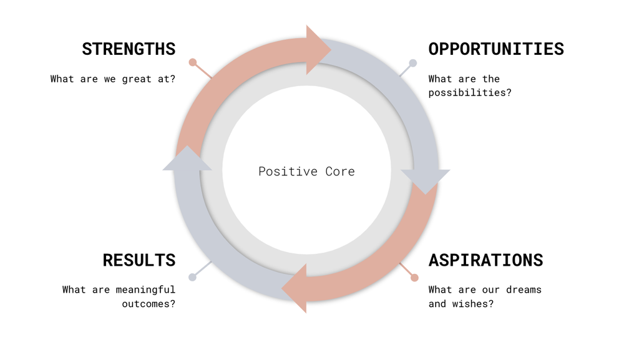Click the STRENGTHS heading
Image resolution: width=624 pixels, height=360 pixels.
click(x=129, y=49)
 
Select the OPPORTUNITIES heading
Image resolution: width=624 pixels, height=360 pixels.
click(x=496, y=49)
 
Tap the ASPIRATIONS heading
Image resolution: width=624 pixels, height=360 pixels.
click(x=485, y=260)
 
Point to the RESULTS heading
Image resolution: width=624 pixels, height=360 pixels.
click(x=139, y=260)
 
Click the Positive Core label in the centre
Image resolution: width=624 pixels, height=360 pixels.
click(x=306, y=172)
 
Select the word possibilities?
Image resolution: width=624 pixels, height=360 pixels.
click(x=470, y=93)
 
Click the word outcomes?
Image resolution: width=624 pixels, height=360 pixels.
click(x=149, y=304)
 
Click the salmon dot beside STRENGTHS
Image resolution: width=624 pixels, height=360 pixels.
click(x=193, y=62)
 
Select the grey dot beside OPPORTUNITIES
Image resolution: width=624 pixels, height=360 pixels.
click(x=412, y=63)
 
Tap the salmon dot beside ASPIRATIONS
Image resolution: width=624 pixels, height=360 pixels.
click(x=414, y=278)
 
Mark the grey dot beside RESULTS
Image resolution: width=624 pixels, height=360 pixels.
click(x=192, y=277)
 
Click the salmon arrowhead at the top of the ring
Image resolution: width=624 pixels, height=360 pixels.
click(x=317, y=50)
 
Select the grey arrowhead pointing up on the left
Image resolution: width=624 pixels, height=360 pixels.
click(x=187, y=162)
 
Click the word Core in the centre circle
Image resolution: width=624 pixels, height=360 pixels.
click(x=340, y=172)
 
